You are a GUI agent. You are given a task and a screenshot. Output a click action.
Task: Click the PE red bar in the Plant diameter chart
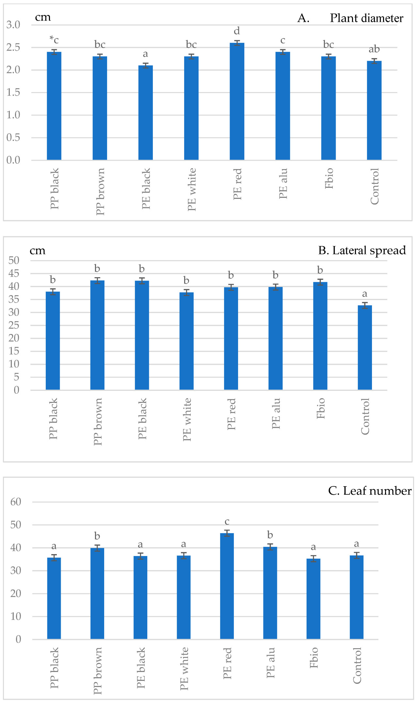(237, 101)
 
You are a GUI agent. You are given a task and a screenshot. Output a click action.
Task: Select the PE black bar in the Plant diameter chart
(145, 113)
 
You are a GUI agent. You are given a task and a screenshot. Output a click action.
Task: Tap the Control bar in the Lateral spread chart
(365, 347)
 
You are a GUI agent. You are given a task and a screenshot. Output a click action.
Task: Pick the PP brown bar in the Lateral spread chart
(97, 335)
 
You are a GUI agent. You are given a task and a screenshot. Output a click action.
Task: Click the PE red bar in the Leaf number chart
(227, 586)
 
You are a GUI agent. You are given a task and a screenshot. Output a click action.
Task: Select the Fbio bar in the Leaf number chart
(313, 599)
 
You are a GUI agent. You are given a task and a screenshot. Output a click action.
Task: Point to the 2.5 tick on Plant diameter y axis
(13, 47)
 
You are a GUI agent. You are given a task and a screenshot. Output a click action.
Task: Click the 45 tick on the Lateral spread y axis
(14, 273)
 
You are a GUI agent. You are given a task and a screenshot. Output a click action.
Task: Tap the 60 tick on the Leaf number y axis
(16, 502)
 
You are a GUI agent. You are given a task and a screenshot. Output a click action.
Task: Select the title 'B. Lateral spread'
(362, 250)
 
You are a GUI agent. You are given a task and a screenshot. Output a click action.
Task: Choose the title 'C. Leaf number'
(370, 491)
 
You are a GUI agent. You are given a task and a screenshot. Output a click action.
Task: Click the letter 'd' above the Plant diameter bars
(237, 31)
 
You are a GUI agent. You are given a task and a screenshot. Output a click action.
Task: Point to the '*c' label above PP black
(54, 40)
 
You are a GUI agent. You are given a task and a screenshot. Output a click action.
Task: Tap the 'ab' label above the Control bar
(374, 49)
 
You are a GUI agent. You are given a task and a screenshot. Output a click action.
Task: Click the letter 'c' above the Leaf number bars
(227, 522)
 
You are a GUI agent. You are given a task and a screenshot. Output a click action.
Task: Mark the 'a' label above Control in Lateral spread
(365, 294)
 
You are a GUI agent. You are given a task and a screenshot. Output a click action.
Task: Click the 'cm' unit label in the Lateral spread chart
(38, 251)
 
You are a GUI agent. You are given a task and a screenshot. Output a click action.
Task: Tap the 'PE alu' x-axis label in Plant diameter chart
(283, 184)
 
